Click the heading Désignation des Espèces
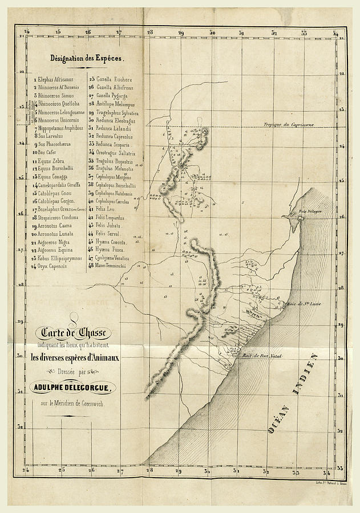point(87,58)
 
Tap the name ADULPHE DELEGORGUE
point(74,388)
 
